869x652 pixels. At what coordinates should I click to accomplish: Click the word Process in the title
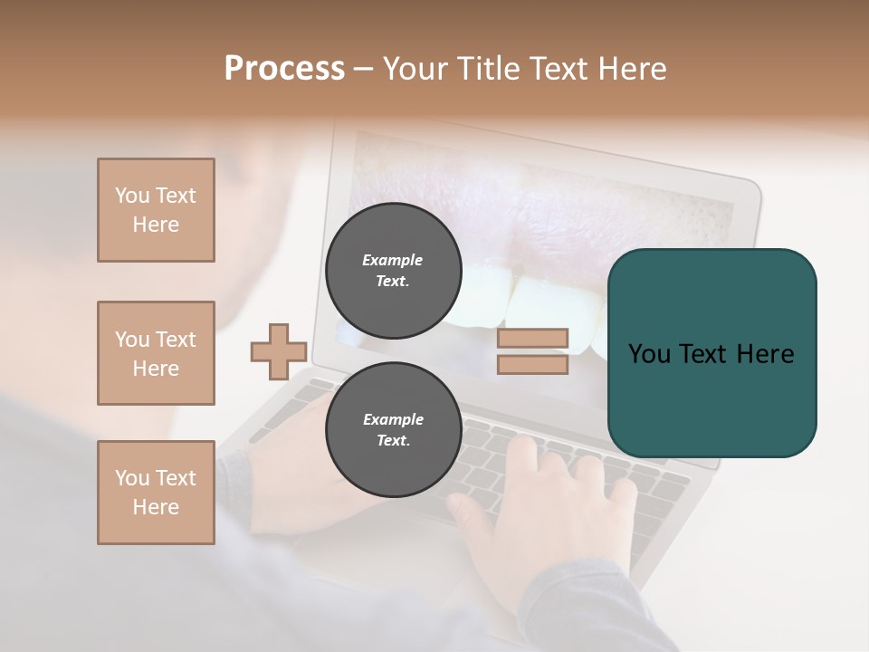tap(284, 69)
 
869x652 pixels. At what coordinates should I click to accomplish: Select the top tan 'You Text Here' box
tap(156, 210)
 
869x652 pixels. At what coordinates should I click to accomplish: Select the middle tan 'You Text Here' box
tap(156, 353)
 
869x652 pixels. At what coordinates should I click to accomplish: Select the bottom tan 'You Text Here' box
tap(156, 493)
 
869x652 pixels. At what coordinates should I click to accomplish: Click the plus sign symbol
tap(279, 351)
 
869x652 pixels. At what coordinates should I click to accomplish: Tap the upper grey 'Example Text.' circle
tap(393, 270)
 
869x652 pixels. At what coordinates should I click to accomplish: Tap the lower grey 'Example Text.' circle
tap(393, 429)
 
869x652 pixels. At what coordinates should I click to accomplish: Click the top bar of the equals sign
tap(532, 339)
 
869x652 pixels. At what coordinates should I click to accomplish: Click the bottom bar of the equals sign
tap(532, 365)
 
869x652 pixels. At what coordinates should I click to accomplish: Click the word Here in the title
tap(634, 69)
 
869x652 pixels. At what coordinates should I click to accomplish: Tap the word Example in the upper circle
tap(393, 260)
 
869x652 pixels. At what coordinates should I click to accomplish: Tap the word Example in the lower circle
tap(393, 419)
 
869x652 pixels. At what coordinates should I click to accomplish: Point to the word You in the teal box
tap(649, 354)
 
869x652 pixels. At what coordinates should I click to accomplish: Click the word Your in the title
tap(415, 69)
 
